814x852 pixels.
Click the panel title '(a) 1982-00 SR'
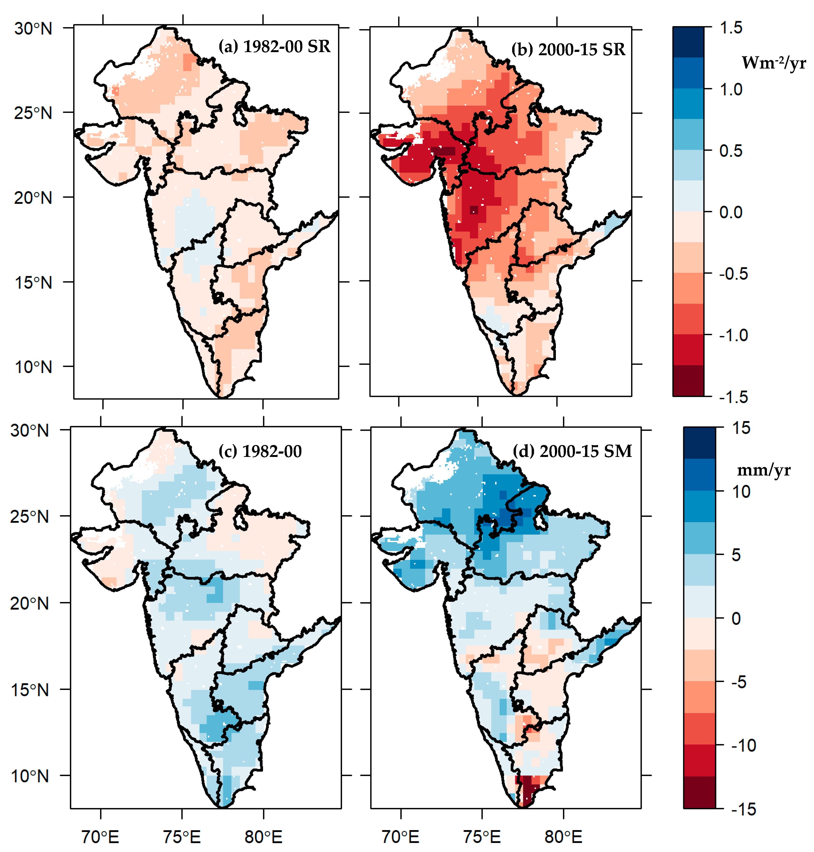pos(274,46)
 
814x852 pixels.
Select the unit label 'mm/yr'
pos(764,470)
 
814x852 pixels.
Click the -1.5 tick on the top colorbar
pos(733,397)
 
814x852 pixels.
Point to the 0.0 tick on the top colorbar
pos(731,212)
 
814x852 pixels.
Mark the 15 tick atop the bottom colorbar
pos(741,428)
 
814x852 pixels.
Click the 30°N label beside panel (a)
pos(33,29)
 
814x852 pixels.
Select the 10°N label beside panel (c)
pos(29,776)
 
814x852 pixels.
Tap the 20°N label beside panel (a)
pos(33,198)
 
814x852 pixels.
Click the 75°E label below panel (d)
pos(482,836)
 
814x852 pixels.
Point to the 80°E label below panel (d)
pos(563,836)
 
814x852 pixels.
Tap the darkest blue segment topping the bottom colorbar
pos(699,443)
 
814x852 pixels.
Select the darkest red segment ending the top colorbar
pos(688,381)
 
